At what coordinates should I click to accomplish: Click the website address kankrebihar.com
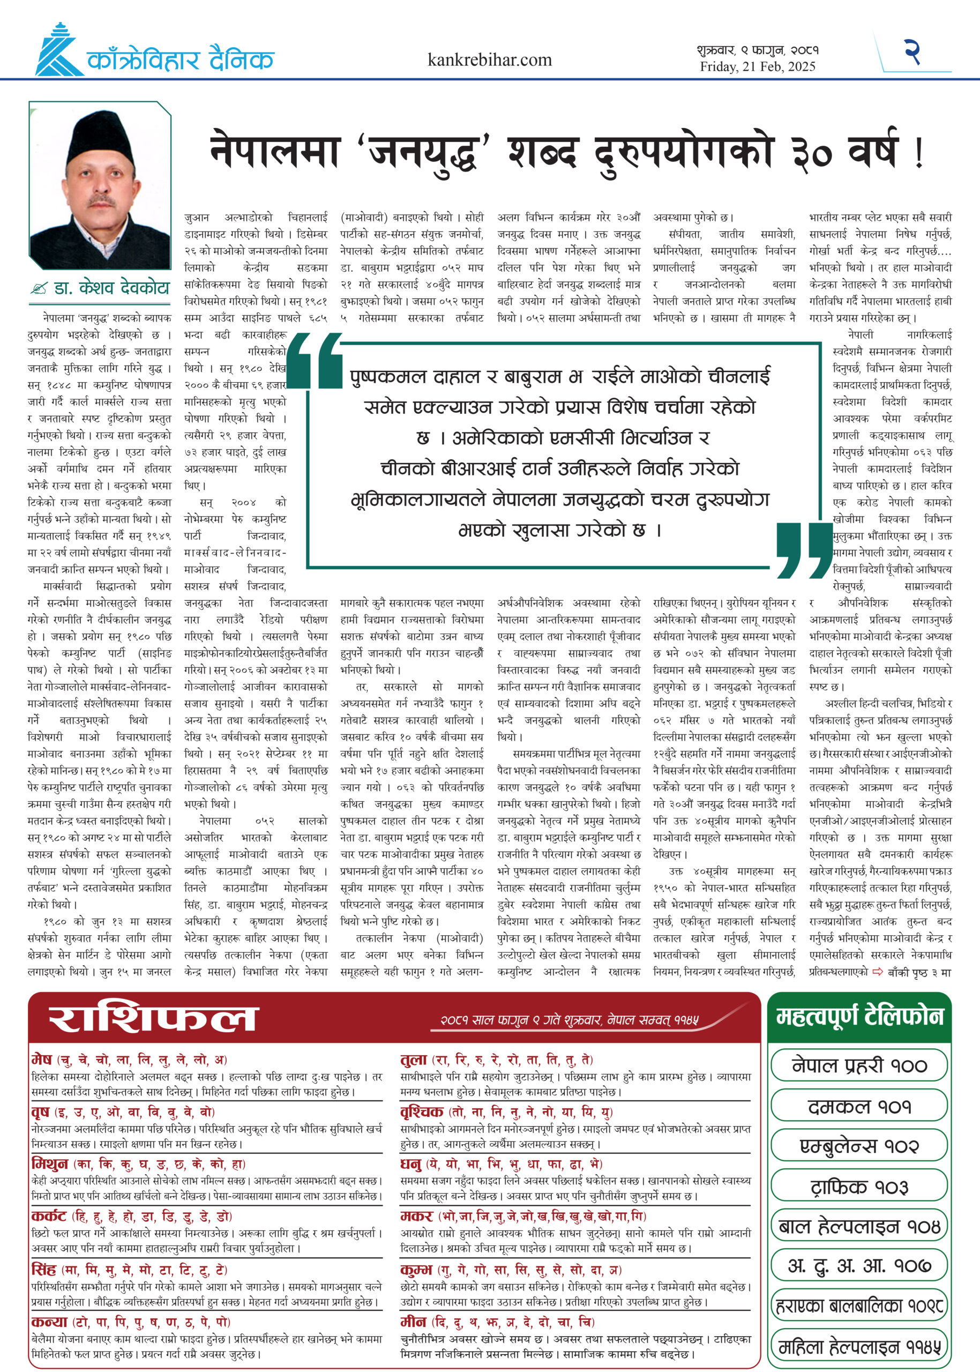(489, 60)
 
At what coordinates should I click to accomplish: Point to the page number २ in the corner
(912, 51)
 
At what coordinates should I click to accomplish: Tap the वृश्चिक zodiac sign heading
(422, 1112)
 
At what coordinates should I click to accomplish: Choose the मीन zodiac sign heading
(413, 1321)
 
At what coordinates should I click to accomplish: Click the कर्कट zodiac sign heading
(49, 1216)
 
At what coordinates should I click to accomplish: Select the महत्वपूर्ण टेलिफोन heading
(859, 1016)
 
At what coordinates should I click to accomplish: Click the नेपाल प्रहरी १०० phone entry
(859, 1065)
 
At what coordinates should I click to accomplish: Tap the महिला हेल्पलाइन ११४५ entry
(859, 1347)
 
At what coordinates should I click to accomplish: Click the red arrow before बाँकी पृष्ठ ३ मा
(878, 971)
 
